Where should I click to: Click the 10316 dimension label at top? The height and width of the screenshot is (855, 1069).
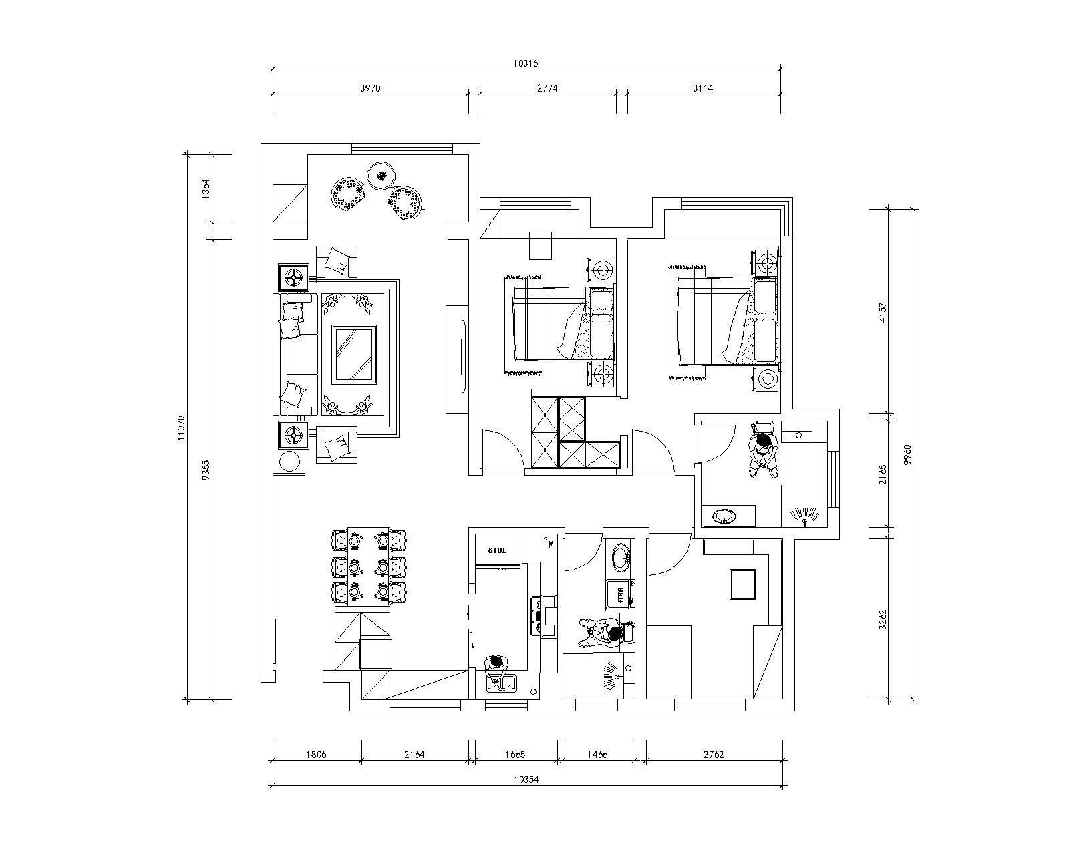point(525,63)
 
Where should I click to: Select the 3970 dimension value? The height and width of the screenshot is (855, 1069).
point(370,88)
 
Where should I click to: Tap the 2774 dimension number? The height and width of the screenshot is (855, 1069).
point(547,88)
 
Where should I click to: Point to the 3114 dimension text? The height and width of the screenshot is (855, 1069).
point(703,88)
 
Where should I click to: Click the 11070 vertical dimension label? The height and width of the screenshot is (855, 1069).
point(181,427)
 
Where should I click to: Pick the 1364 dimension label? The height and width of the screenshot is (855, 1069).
point(206,189)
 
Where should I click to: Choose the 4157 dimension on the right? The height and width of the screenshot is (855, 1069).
point(883,313)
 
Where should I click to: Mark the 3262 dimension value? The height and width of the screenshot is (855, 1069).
point(883,619)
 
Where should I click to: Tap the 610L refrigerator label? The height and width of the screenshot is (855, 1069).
point(497,550)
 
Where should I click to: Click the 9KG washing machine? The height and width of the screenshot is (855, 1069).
point(619,594)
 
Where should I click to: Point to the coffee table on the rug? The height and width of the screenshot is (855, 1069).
point(354,354)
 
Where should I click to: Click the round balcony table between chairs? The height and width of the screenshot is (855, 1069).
point(381,176)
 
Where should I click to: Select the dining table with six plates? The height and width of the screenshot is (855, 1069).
point(369,566)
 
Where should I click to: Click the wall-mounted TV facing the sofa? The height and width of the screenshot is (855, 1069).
point(464,356)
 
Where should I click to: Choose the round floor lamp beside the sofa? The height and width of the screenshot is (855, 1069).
point(289,462)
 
